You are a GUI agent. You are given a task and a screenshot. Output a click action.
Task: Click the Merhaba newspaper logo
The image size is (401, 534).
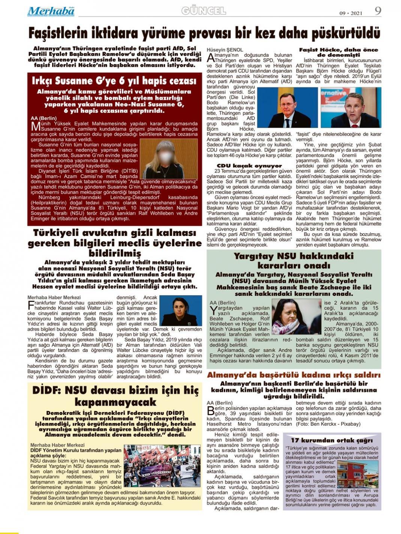click(x=51, y=12)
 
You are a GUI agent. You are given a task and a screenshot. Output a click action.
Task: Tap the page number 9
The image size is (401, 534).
click(x=378, y=10)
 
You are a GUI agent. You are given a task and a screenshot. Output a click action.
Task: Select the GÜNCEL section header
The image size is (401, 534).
click(x=203, y=11)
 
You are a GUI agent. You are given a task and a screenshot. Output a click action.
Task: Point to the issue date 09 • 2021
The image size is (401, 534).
click(x=351, y=13)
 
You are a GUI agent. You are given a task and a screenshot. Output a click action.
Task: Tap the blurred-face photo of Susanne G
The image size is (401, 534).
click(x=168, y=159)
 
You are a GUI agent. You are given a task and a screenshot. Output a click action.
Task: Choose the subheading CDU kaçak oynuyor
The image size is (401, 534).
click(x=249, y=166)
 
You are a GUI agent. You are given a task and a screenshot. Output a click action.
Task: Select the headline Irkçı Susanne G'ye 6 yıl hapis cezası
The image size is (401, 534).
click(x=114, y=81)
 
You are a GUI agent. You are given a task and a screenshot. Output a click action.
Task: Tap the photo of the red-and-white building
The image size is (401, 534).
click(x=358, y=473)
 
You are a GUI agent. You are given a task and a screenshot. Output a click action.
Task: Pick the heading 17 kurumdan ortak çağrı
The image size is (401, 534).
click(x=332, y=440)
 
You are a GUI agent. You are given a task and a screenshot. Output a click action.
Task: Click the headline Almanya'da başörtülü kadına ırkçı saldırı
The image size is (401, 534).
click(x=294, y=375)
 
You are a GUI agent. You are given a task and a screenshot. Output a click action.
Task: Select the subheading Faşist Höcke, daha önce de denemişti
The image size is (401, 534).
click(x=338, y=52)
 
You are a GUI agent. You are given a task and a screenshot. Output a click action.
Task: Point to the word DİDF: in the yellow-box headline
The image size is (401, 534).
click(x=46, y=390)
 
